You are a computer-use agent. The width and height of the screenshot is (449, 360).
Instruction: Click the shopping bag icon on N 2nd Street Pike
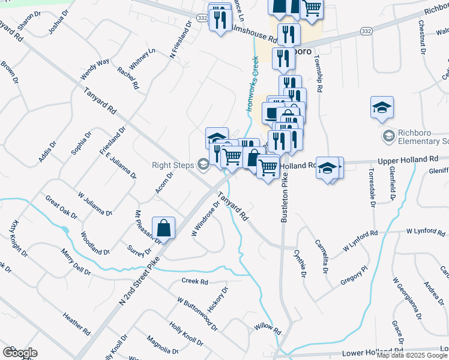coord(163,228)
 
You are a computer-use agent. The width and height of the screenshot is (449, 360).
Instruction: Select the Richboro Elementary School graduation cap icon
coord(382,108)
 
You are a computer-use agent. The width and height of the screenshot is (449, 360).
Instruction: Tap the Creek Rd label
coord(194,281)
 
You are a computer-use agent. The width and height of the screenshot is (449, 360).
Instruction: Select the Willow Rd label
coord(268,328)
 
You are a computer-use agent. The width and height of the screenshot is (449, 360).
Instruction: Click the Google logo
coord(20,353)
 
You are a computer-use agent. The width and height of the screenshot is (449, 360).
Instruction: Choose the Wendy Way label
coord(95,70)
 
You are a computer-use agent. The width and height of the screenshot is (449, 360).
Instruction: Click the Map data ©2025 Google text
coord(412,355)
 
